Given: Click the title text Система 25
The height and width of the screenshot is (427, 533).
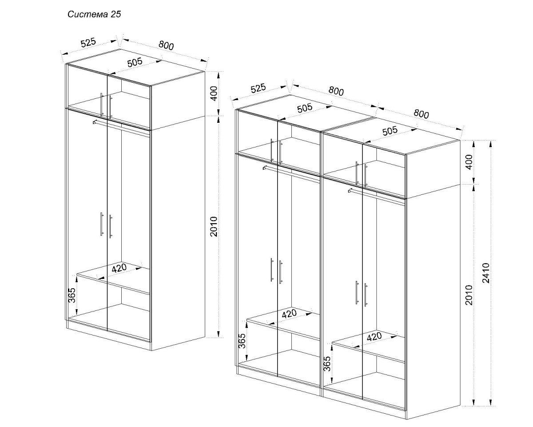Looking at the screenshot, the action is (x=94, y=14).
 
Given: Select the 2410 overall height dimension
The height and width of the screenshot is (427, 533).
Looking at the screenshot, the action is (x=486, y=273).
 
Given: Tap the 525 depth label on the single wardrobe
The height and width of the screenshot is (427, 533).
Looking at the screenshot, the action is (x=88, y=42).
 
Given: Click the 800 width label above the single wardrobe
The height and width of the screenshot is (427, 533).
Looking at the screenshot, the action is (x=166, y=45).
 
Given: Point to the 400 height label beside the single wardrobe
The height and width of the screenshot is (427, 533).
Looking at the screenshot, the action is (x=214, y=93).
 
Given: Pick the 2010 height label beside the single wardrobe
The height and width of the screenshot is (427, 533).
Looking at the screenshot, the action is (x=214, y=226).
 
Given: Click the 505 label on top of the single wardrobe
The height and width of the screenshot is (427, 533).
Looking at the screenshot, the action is (x=135, y=63).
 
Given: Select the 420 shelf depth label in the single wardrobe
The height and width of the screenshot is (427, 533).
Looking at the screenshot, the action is (x=119, y=268).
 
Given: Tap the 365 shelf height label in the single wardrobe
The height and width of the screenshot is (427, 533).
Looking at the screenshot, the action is (x=72, y=295).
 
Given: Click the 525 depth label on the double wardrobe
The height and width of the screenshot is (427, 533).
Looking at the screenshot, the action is (x=258, y=89).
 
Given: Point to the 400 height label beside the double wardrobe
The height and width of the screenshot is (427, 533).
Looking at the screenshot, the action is (x=469, y=162).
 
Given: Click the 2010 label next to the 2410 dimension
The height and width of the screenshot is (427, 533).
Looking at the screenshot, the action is (x=469, y=295).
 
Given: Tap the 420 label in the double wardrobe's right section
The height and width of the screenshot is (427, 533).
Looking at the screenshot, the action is (x=374, y=337).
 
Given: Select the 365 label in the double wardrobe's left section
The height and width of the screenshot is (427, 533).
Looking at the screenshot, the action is (x=243, y=341).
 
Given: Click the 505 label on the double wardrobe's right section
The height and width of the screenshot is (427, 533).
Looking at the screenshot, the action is (x=390, y=131).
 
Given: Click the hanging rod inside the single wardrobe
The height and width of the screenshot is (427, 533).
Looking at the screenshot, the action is (x=121, y=128).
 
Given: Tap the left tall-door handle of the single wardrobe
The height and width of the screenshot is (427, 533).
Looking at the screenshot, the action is (x=102, y=224).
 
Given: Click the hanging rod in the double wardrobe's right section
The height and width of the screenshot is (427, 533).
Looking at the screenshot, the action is (x=377, y=197).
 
